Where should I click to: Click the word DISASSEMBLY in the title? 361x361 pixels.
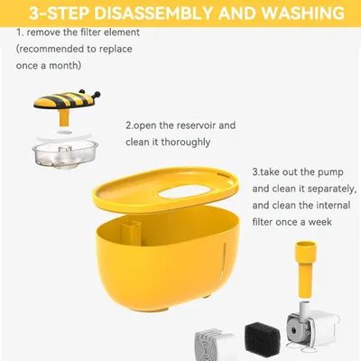tap(154, 13)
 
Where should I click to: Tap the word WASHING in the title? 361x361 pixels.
tap(302, 13)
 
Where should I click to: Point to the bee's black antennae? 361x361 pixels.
tap(89, 94)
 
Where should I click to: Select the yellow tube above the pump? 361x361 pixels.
tap(307, 268)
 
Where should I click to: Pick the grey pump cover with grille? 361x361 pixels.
tap(214, 345)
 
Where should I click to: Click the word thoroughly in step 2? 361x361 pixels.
tap(185, 143)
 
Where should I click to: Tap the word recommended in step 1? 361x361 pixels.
tap(51, 49)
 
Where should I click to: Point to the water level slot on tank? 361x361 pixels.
tap(224, 259)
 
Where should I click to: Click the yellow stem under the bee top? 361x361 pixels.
tap(64, 117)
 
